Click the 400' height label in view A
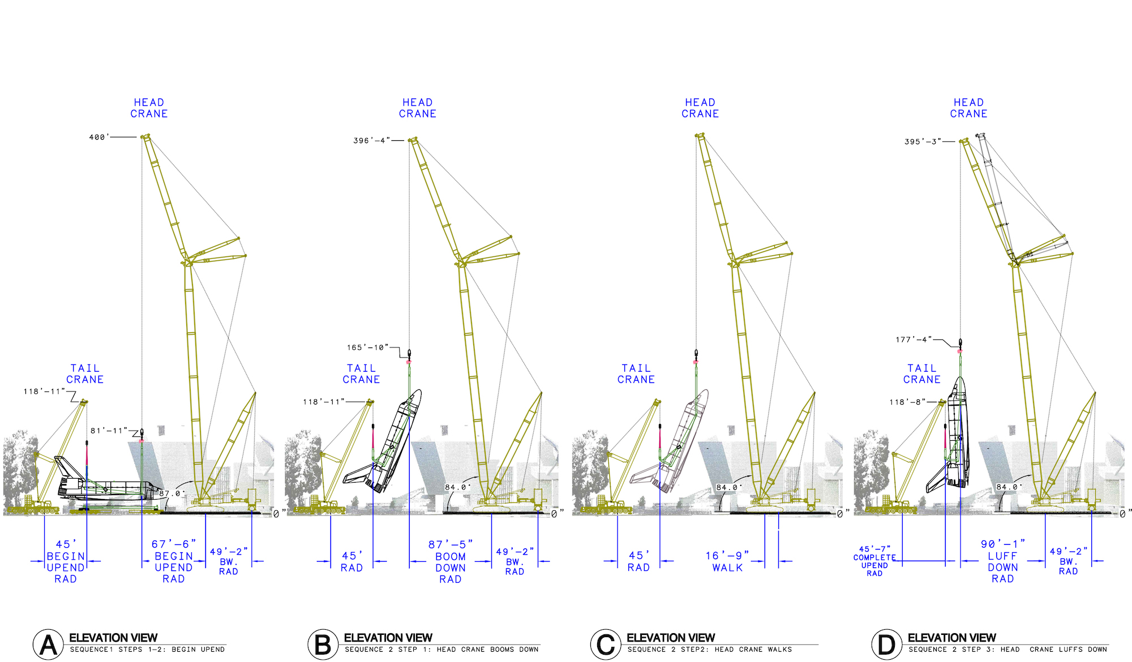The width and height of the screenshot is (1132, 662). pos(98,137)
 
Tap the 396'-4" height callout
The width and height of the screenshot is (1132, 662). pos(371,140)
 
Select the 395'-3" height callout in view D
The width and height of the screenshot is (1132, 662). pos(923,141)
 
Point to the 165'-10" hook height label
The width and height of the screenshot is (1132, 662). pos(367,347)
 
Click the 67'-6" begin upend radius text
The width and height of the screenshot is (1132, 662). pos(173,544)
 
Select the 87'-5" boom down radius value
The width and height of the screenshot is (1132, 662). pos(450,544)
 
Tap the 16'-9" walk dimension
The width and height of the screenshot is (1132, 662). pos(727,556)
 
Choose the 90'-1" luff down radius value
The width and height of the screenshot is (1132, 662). pos(1002,544)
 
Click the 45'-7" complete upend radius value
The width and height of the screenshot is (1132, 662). pos(874,549)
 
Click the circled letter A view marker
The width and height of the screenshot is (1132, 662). pos(48,644)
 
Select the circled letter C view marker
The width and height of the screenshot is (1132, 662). pos(605,644)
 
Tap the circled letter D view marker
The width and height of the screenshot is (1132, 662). pos(886,644)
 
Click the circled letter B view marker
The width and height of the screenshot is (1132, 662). pos(323,644)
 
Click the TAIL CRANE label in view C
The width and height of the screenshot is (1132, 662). pos(636,374)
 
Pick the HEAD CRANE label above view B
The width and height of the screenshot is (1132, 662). pos(417,108)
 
